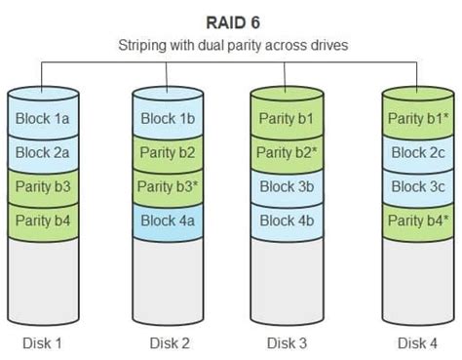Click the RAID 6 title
230,20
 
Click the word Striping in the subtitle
145,46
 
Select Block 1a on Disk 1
43,119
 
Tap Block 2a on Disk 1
43,153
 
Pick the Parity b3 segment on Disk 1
43,186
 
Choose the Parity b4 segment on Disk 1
43,220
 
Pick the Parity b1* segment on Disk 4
418,119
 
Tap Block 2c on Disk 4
418,153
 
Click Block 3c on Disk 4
418,186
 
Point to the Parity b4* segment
418,220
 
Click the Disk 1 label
43,342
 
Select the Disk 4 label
418,342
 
